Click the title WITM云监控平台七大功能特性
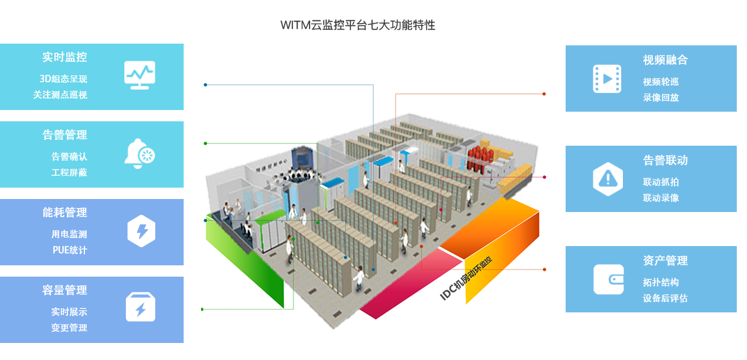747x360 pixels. click(x=358, y=26)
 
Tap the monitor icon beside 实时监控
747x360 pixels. click(x=139, y=75)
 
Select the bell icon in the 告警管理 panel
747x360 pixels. click(x=139, y=153)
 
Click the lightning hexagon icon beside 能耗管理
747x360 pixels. click(x=141, y=231)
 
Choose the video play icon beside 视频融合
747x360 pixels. click(x=607, y=78)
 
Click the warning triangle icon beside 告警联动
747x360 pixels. click(x=608, y=179)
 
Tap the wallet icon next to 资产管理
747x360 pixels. click(x=608, y=279)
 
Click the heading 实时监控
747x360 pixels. click(x=65, y=57)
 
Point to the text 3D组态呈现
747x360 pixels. click(x=63, y=79)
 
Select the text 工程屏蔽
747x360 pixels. click(x=69, y=172)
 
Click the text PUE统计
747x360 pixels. click(x=70, y=250)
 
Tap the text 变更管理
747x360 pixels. click(x=69, y=328)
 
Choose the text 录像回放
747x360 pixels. click(x=661, y=98)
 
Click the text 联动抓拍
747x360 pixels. click(x=661, y=182)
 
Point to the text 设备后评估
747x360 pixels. click(x=665, y=298)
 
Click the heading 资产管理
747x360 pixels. click(x=665, y=261)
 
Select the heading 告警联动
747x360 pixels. click(x=665, y=160)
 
